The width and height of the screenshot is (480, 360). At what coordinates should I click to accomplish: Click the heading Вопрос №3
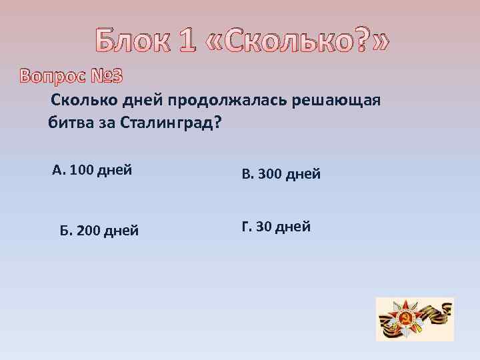[x=71, y=77]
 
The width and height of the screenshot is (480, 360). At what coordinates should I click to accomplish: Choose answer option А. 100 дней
[x=91, y=170]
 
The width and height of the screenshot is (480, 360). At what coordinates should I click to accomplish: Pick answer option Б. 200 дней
[x=99, y=231]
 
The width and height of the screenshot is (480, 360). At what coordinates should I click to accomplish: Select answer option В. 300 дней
[x=281, y=175]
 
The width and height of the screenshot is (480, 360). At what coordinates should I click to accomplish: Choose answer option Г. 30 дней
[x=276, y=227]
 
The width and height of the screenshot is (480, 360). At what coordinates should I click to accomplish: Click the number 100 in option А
[x=81, y=170]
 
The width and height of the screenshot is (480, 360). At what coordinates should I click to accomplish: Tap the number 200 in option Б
[x=89, y=231]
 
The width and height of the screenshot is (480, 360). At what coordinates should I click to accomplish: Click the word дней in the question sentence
[x=150, y=100]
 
